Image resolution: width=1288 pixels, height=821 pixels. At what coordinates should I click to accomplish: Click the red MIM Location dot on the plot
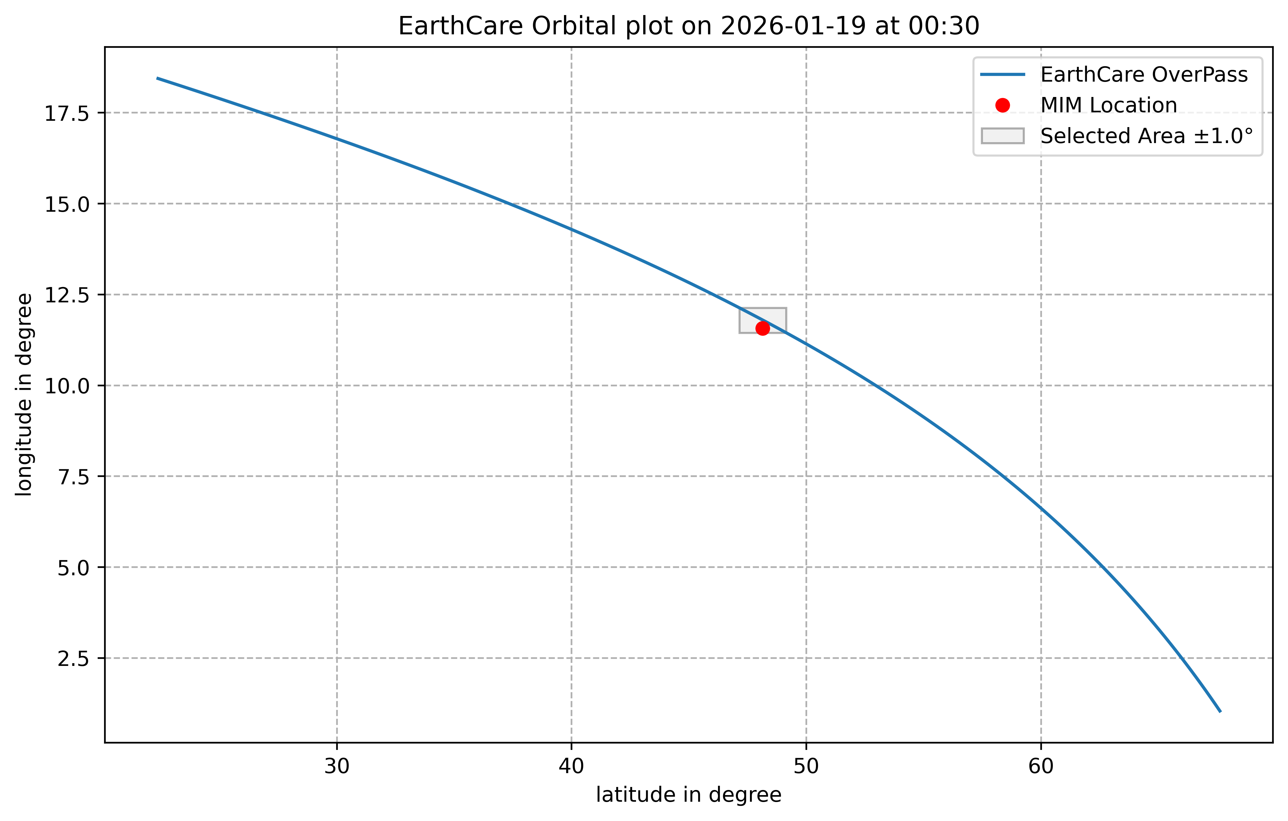point(763,328)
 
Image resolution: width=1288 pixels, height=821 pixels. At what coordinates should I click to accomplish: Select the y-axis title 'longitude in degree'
point(24,395)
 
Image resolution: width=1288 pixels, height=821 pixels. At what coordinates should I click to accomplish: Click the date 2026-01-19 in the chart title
point(793,26)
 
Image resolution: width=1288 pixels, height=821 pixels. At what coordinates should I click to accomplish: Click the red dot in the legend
point(1002,105)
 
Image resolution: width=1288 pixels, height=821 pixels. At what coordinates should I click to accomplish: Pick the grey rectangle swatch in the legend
point(1002,136)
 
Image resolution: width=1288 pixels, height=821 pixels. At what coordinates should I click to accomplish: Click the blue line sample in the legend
point(1002,75)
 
